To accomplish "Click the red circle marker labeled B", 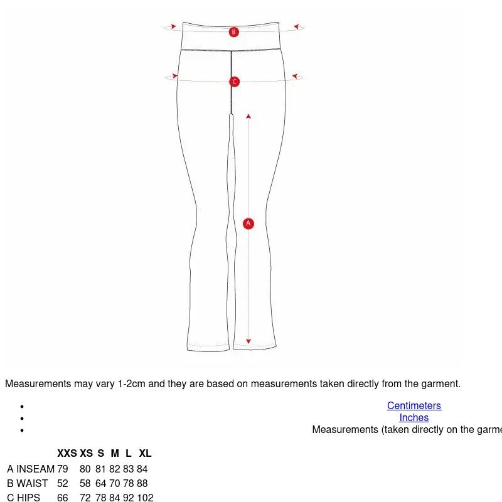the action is pos(233,32).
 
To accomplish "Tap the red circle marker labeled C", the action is pos(234,82).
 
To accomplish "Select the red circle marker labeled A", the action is pos(248,223).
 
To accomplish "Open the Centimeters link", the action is pos(414,405).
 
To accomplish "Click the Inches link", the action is pos(414,417).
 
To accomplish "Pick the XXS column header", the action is pos(67,453).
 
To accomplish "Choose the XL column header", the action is pos(145,453).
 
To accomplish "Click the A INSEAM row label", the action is pos(31,469).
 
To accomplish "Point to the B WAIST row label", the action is pos(28,483).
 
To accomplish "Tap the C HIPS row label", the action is pos(24,498).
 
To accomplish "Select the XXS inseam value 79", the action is pos(63,469).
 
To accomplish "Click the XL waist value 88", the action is pos(142,483).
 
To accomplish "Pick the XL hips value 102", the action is pos(145,498).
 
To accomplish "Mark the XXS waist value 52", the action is pos(63,483).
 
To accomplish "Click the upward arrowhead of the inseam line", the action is pos(248,116).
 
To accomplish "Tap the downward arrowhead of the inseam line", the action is pos(248,341).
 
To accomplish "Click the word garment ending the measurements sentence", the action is pos(441,384).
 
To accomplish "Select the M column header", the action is pos(115,453).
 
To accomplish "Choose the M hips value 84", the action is pos(115,498).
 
